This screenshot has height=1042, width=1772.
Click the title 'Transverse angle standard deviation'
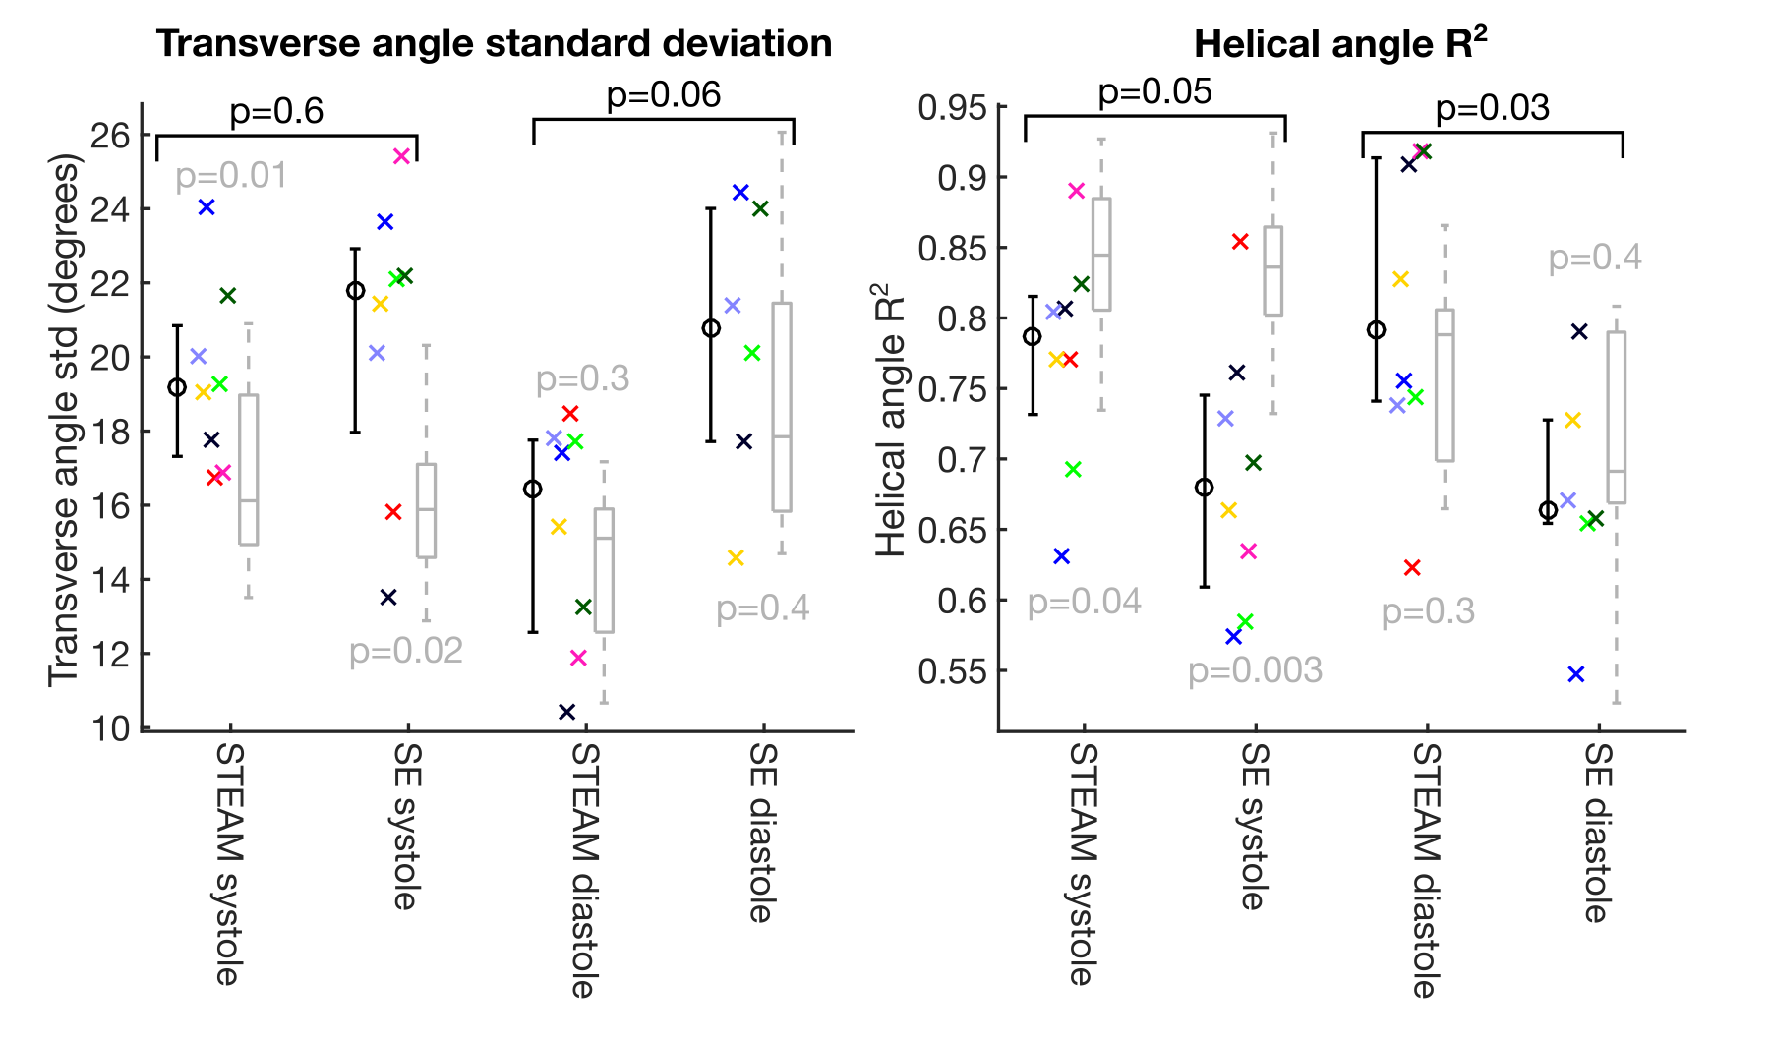(494, 44)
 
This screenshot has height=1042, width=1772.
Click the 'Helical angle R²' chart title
(1339, 44)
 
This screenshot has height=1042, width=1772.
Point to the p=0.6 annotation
(276, 111)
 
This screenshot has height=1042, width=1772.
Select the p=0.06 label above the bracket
(664, 94)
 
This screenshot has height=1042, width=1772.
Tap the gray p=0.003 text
(1255, 670)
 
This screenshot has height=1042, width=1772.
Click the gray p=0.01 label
(231, 176)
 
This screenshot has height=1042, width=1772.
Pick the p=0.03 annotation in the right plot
(1492, 107)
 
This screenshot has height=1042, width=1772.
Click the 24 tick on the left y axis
(109, 209)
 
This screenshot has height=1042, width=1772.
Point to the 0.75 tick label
(951, 389)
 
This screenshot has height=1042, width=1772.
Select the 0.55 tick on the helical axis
(951, 671)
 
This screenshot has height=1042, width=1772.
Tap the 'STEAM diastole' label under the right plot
(1425, 870)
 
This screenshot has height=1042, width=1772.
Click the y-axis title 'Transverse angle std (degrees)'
(64, 420)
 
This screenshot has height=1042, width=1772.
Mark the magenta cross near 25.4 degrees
(401, 156)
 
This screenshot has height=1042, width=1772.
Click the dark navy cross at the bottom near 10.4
(566, 712)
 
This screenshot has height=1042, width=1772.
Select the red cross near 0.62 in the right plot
(1412, 567)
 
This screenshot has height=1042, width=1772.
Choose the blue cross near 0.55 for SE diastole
(1576, 674)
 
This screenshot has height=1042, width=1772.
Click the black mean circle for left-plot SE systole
(355, 291)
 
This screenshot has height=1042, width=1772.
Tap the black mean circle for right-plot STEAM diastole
(1377, 330)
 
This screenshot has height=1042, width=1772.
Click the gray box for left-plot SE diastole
(782, 407)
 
